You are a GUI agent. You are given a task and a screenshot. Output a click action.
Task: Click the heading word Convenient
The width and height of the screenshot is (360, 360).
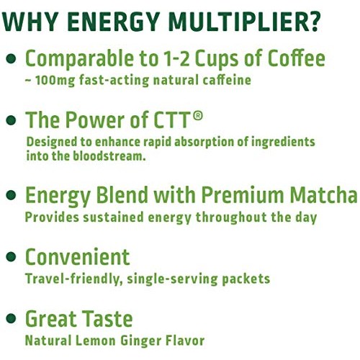pyautogui.click(x=78, y=257)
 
